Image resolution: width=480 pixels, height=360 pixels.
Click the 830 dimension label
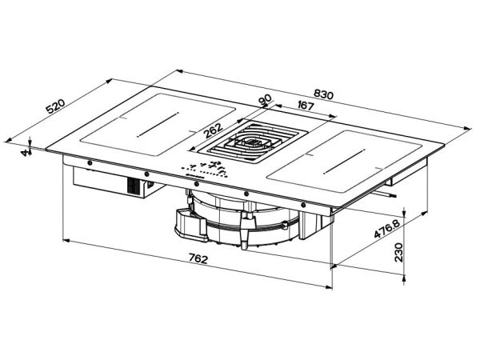323,94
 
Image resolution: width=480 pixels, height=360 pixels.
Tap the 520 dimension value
55,106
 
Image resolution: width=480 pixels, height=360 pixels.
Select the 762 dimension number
198,259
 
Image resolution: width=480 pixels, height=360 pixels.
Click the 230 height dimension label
398,252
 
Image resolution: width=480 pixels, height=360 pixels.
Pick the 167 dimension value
306,106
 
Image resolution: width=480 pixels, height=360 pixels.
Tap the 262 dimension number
213,130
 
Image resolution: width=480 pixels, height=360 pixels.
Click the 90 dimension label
265,100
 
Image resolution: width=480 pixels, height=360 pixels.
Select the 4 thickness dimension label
25,152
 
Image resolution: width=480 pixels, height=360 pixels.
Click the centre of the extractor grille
252,142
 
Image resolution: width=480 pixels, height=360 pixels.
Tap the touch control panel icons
206,170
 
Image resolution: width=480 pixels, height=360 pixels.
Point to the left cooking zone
158,125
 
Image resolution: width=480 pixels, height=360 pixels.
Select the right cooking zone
344,162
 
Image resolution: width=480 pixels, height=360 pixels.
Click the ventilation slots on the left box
134,186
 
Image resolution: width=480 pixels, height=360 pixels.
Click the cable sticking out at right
384,194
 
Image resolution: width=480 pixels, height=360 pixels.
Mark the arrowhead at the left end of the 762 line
66,241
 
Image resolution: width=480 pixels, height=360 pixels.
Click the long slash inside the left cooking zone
158,125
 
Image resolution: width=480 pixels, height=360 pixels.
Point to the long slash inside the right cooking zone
344,162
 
